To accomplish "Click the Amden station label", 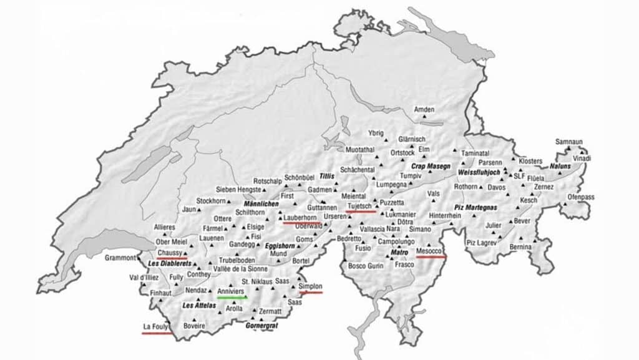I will pos(424,110).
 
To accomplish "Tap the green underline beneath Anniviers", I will pos(232,298).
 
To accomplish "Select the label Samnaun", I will pos(569,142).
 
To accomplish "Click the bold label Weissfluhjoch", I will pos(479,172).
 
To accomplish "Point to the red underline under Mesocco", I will pos(431,256).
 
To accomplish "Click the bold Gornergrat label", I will pos(261,326).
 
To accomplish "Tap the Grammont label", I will pos(120,258).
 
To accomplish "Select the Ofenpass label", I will pos(580,197).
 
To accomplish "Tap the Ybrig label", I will pos(376,133).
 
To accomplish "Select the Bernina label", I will pos(520,248).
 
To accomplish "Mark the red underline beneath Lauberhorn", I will pos(302,222).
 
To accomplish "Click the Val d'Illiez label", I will pos(143,278).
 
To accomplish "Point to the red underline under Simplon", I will pos(310,292).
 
